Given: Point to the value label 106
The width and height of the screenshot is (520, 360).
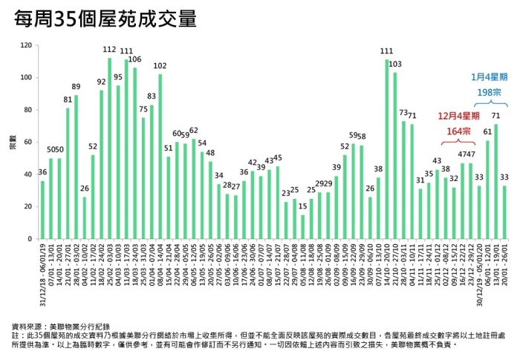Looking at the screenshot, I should click(135, 59).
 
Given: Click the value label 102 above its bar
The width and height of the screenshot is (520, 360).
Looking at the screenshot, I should click(160, 66).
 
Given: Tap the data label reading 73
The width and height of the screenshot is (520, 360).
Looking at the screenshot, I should click(403, 113).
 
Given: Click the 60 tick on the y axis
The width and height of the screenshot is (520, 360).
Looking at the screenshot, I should click(27, 143).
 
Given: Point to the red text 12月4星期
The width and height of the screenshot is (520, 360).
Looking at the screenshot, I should click(458, 116).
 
